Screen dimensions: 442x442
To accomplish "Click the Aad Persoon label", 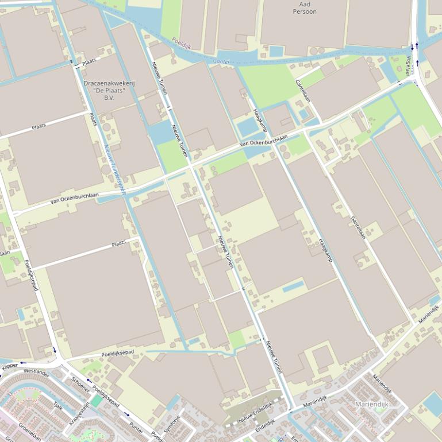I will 305,7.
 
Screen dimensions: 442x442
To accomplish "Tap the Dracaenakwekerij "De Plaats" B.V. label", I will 109,91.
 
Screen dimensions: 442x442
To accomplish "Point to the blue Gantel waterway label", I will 221,60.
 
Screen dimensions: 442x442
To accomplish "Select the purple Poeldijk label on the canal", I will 180,42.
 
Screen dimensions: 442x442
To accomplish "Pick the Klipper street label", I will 10,366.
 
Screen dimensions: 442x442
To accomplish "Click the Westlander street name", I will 36,371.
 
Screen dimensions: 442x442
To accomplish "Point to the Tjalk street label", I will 57,405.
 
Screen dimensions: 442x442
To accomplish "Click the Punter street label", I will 136,428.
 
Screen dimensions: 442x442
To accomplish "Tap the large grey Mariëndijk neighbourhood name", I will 372,404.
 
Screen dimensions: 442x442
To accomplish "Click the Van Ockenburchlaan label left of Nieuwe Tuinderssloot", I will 74,198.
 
